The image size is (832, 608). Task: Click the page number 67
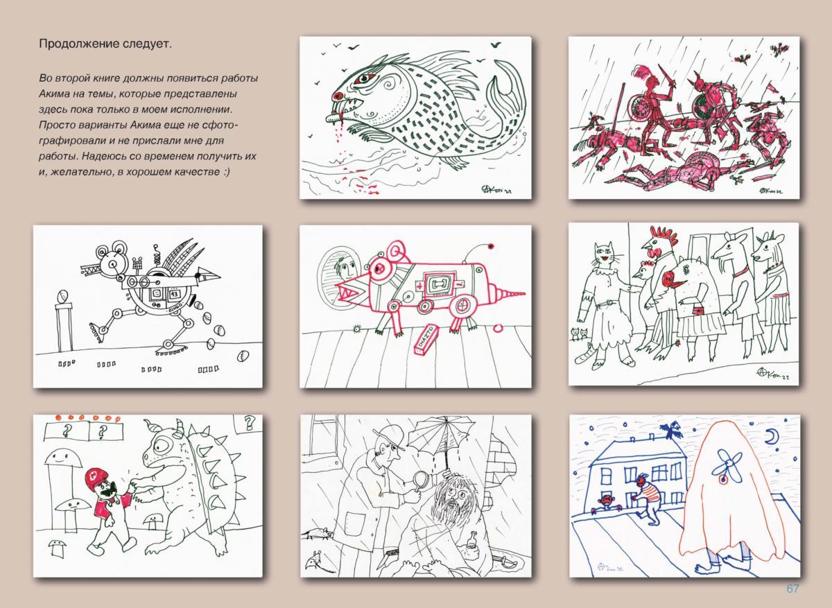792,589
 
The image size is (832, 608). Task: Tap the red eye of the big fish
363,78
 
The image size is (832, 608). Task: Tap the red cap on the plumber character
96,476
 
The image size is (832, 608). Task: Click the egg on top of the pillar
62,297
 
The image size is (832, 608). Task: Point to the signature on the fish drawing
496,189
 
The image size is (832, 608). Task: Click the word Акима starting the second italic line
53,94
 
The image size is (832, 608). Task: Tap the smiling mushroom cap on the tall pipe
63,459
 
